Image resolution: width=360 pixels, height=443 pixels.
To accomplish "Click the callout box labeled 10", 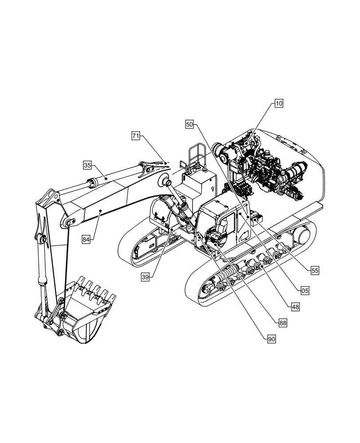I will (278, 104).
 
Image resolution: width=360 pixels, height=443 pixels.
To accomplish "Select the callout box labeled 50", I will (189, 125).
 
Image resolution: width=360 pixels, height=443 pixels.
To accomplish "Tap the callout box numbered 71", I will (136, 136).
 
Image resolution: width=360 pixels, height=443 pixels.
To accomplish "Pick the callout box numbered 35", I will (87, 165).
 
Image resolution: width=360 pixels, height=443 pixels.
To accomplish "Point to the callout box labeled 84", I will (86, 239).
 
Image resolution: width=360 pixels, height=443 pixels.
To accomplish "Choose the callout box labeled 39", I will (145, 277).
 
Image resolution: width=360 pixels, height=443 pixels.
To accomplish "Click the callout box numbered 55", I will (314, 269).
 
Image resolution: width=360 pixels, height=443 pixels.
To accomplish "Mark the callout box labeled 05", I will (305, 291).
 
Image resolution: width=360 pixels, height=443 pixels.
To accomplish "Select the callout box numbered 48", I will (294, 306).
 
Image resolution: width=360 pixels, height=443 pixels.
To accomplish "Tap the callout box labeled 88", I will (282, 323).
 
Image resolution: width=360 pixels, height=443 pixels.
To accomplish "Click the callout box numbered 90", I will (271, 339).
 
